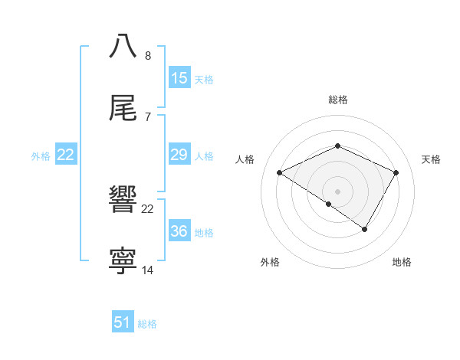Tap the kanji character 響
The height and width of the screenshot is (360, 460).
pos(123,200)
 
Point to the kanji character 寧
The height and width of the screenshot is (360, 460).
pos(123,261)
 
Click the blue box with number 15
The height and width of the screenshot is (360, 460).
pos(179,78)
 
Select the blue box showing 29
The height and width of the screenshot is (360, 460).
pos(179,155)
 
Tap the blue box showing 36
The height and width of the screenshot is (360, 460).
pos(179,231)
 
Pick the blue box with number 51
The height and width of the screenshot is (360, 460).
pos(123,322)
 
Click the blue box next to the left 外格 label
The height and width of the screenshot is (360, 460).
pos(66,155)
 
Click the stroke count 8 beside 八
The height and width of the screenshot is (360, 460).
pos(148,55)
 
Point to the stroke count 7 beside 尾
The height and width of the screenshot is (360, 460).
pos(147,116)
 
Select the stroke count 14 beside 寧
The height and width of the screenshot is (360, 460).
pos(148,270)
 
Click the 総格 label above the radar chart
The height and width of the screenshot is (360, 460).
pos(337,100)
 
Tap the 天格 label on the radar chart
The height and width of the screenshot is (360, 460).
pos(431,159)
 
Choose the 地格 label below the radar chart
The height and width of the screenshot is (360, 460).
pos(402,262)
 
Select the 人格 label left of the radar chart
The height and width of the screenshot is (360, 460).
pos(245,159)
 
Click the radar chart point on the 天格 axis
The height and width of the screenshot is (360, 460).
pos(396,173)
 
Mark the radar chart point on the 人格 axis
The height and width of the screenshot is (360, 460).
pos(280,173)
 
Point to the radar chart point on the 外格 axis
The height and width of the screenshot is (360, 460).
pos(329,204)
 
